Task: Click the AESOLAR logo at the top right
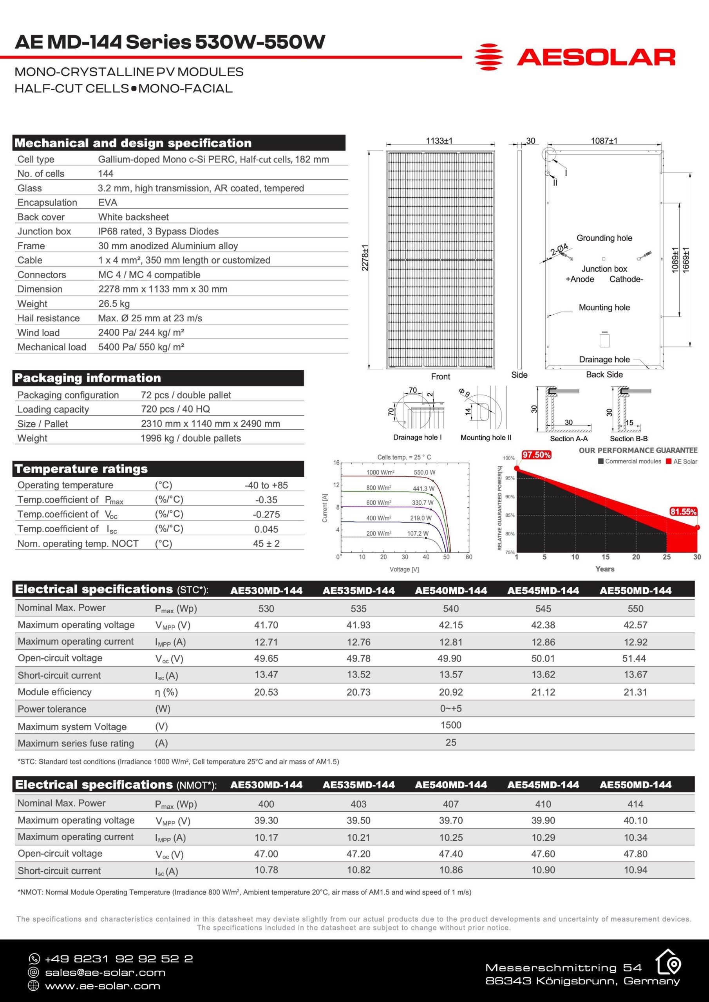(575, 57)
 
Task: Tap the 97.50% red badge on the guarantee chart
(536, 455)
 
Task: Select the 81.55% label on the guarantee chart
(683, 512)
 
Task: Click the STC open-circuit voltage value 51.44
(635, 659)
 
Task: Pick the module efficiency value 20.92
(451, 692)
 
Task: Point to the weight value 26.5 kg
(114, 304)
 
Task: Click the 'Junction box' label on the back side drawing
(604, 269)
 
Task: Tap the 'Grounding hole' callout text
(604, 238)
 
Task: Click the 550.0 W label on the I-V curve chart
(424, 472)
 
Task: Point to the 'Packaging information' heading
(88, 378)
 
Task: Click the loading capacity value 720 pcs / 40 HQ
(175, 409)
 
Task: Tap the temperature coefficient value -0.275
(266, 515)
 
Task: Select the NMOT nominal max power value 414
(635, 804)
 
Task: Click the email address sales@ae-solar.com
(105, 972)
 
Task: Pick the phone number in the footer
(119, 959)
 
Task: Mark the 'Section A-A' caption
(568, 439)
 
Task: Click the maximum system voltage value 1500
(451, 725)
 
